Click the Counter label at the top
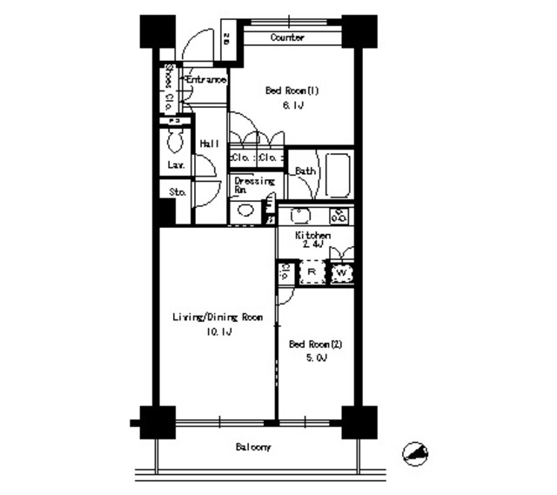tap(286, 37)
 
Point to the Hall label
tap(209, 144)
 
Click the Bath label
tap(305, 171)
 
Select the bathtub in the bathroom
tap(337, 175)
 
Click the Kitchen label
tap(312, 236)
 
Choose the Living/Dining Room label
tap(217, 318)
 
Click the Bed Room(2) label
tap(315, 344)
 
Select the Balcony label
tap(253, 447)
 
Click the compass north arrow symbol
tap(417, 453)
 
